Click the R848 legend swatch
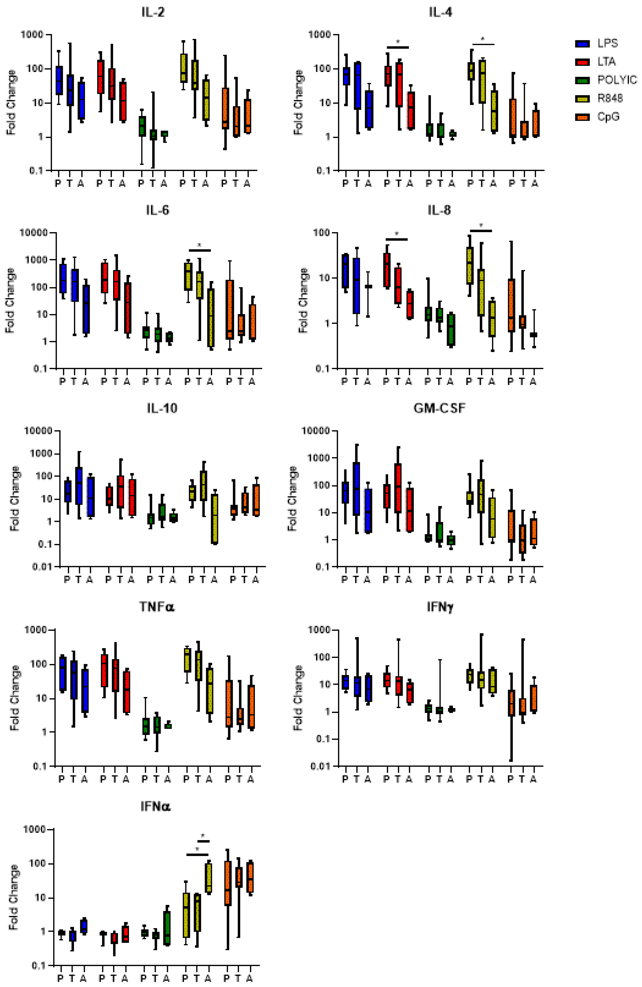tap(582, 99)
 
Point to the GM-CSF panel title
tap(439, 409)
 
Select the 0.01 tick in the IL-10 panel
tap(43, 567)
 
